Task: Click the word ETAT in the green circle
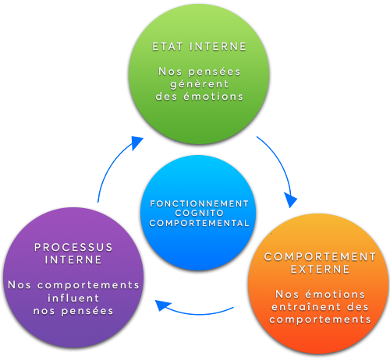point(168,47)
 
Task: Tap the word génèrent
point(200,84)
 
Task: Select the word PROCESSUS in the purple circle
point(73,247)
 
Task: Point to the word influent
point(73,298)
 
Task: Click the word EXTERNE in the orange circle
point(320,269)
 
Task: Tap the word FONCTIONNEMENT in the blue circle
point(200,203)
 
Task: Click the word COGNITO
point(200,213)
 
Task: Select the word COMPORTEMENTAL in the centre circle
point(200,223)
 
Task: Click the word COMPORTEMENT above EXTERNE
point(320,256)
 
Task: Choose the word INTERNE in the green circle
point(218,47)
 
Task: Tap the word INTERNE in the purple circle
point(73,259)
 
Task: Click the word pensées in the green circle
point(214,72)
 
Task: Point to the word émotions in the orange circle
point(335,295)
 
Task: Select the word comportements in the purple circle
point(88,285)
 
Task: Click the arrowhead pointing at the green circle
point(136,143)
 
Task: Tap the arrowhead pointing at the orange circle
point(291,199)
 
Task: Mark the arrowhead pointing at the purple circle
point(163,305)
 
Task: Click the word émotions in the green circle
point(213,97)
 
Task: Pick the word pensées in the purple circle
point(87,311)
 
